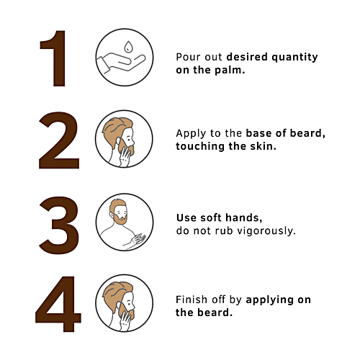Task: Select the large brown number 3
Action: (57, 221)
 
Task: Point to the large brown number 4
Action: (57, 303)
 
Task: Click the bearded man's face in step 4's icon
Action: (121, 302)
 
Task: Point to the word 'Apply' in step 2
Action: (191, 133)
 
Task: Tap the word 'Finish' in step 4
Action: (192, 300)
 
